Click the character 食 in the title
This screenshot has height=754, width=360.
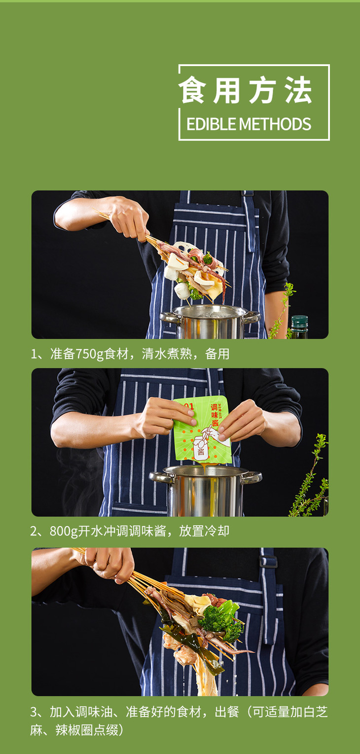pos(192,90)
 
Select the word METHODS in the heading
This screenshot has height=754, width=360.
pos(275,124)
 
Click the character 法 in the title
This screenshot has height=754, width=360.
pos(298,90)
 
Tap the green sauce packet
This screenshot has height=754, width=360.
pos(202,429)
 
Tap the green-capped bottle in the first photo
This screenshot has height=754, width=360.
pos(299,326)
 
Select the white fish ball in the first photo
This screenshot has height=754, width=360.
pos(182,290)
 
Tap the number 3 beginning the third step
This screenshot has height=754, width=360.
pos(34,712)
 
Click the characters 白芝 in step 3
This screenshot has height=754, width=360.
pos(315,712)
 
